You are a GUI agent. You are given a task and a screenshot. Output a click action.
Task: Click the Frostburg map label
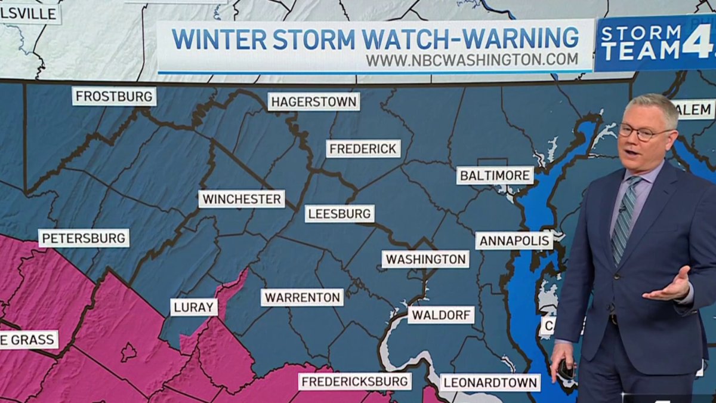[114, 97]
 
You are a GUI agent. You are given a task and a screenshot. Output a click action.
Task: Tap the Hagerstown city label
[314, 101]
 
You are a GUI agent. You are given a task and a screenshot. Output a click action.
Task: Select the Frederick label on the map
[363, 149]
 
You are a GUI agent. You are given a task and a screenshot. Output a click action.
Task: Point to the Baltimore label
[495, 176]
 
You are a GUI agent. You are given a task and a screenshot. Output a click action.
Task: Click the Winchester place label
[242, 199]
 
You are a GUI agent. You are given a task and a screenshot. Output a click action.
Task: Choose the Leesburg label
[340, 214]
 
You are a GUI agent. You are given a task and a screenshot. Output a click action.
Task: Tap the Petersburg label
[84, 238]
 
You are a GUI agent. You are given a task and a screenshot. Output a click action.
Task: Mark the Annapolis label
[514, 241]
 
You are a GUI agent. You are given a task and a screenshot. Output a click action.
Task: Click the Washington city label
[425, 259]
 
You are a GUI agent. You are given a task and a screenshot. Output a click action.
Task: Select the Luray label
[194, 307]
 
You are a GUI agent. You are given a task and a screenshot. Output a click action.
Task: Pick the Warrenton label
[302, 297]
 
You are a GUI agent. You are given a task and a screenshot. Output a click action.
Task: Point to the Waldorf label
[441, 315]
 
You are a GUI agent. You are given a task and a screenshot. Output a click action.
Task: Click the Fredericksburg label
[355, 382]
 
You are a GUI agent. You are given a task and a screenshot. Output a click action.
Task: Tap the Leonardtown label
[490, 383]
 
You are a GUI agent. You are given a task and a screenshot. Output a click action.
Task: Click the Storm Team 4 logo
[655, 43]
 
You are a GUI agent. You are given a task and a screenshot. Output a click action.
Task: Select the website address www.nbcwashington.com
[471, 60]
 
